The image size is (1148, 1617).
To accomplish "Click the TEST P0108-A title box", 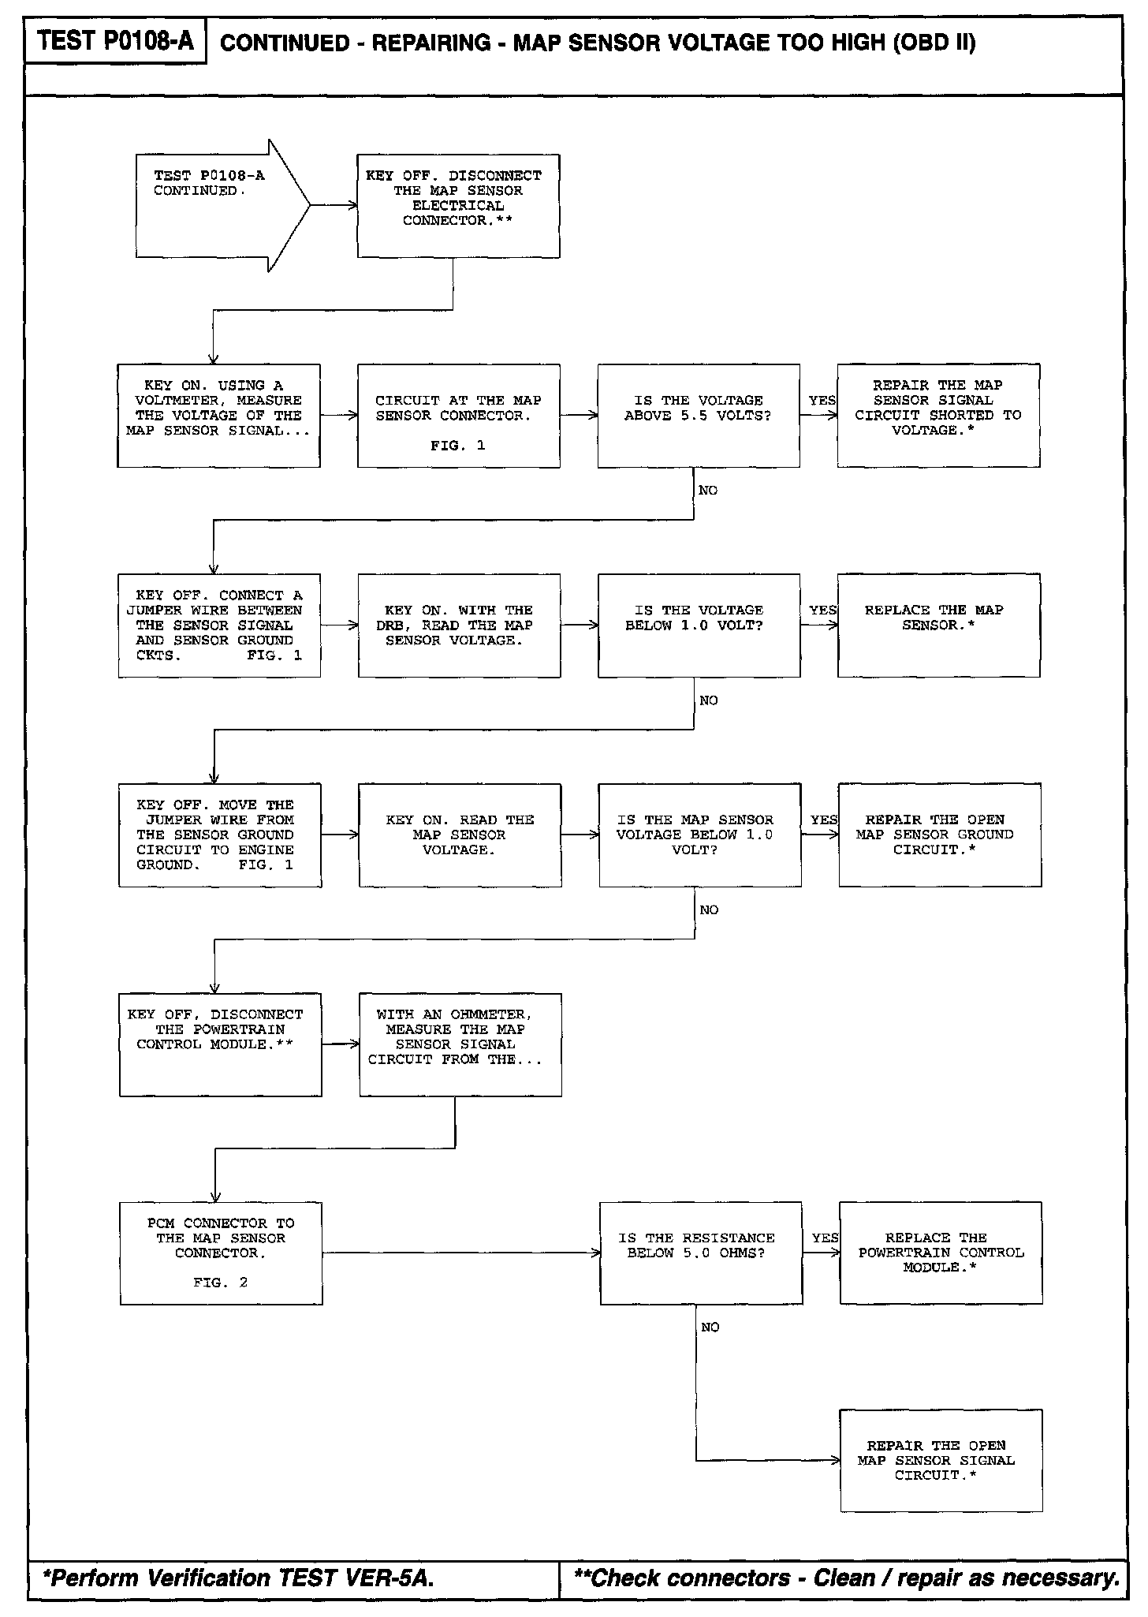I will click(x=115, y=41).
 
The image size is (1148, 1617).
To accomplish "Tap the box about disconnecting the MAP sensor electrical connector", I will click(x=458, y=206).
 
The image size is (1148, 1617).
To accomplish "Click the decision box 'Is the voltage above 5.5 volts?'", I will click(x=698, y=416).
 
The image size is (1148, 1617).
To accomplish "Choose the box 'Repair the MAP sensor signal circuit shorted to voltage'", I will click(x=937, y=415).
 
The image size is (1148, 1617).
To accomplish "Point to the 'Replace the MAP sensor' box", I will click(x=938, y=625).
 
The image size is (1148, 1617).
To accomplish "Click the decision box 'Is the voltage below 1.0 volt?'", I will click(x=699, y=625).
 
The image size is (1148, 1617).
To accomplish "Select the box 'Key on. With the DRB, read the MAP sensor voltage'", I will click(x=459, y=626).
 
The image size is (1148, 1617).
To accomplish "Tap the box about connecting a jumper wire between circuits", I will click(x=219, y=626).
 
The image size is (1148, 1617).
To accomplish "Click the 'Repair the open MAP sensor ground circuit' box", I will click(x=939, y=835).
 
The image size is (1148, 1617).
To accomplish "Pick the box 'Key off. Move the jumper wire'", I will click(x=220, y=835).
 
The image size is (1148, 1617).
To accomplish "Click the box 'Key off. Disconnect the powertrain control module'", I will click(x=220, y=1044).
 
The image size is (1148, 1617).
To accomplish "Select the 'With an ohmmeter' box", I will click(x=460, y=1044).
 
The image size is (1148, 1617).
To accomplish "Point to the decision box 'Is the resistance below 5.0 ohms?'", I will click(x=700, y=1253).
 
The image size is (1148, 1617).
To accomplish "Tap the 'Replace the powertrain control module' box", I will click(x=941, y=1253).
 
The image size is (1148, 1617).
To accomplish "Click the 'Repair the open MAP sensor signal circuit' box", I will click(x=941, y=1461).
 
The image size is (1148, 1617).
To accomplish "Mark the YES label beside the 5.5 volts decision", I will click(x=822, y=401).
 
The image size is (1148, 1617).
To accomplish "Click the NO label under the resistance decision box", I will click(x=710, y=1328).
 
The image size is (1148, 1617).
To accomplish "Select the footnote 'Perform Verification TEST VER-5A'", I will click(x=239, y=1578).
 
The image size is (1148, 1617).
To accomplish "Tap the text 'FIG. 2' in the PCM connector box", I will click(x=220, y=1283).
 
